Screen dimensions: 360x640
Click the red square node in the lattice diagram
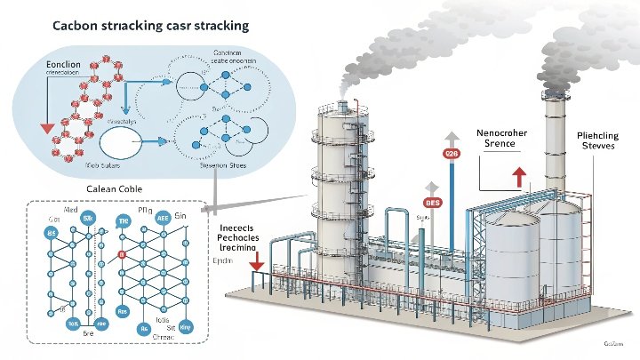coord(121,255)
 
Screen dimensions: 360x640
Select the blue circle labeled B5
coord(50,232)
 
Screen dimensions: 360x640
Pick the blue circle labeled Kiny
coord(186,326)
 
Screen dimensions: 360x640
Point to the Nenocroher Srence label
coord(503,138)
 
